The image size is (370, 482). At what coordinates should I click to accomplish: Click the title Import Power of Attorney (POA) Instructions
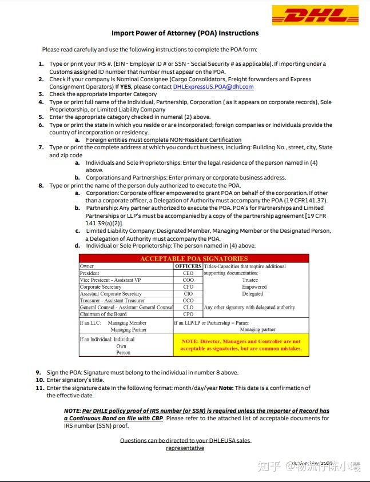[x=185, y=33]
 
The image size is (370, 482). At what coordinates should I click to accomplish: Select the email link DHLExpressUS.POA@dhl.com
[x=213, y=87]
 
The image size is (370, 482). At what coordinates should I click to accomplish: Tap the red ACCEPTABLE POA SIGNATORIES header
[x=194, y=258]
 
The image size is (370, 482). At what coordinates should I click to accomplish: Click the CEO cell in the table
[x=188, y=273]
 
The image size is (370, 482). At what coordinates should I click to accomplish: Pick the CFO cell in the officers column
[x=188, y=287]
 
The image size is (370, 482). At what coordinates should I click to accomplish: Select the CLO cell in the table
[x=188, y=308]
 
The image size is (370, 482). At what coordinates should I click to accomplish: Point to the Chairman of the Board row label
[x=104, y=314]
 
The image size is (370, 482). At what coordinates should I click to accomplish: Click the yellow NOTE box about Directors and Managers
[x=241, y=345]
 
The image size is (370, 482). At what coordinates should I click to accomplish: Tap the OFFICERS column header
[x=188, y=266]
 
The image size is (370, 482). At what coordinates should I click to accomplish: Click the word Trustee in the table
[x=250, y=280]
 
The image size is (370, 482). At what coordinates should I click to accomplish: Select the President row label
[x=90, y=273]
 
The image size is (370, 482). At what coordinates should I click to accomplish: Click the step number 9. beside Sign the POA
[x=38, y=372]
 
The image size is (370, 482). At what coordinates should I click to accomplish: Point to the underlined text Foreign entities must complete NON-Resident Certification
[x=164, y=140]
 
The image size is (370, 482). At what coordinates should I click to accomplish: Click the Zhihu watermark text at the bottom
[x=309, y=466]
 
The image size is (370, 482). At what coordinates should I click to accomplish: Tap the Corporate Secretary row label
[x=101, y=287]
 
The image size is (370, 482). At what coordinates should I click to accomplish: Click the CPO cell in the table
[x=188, y=314]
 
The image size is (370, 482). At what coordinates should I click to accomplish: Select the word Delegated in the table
[x=252, y=294]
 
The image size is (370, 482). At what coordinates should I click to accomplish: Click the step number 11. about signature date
[x=40, y=388]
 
